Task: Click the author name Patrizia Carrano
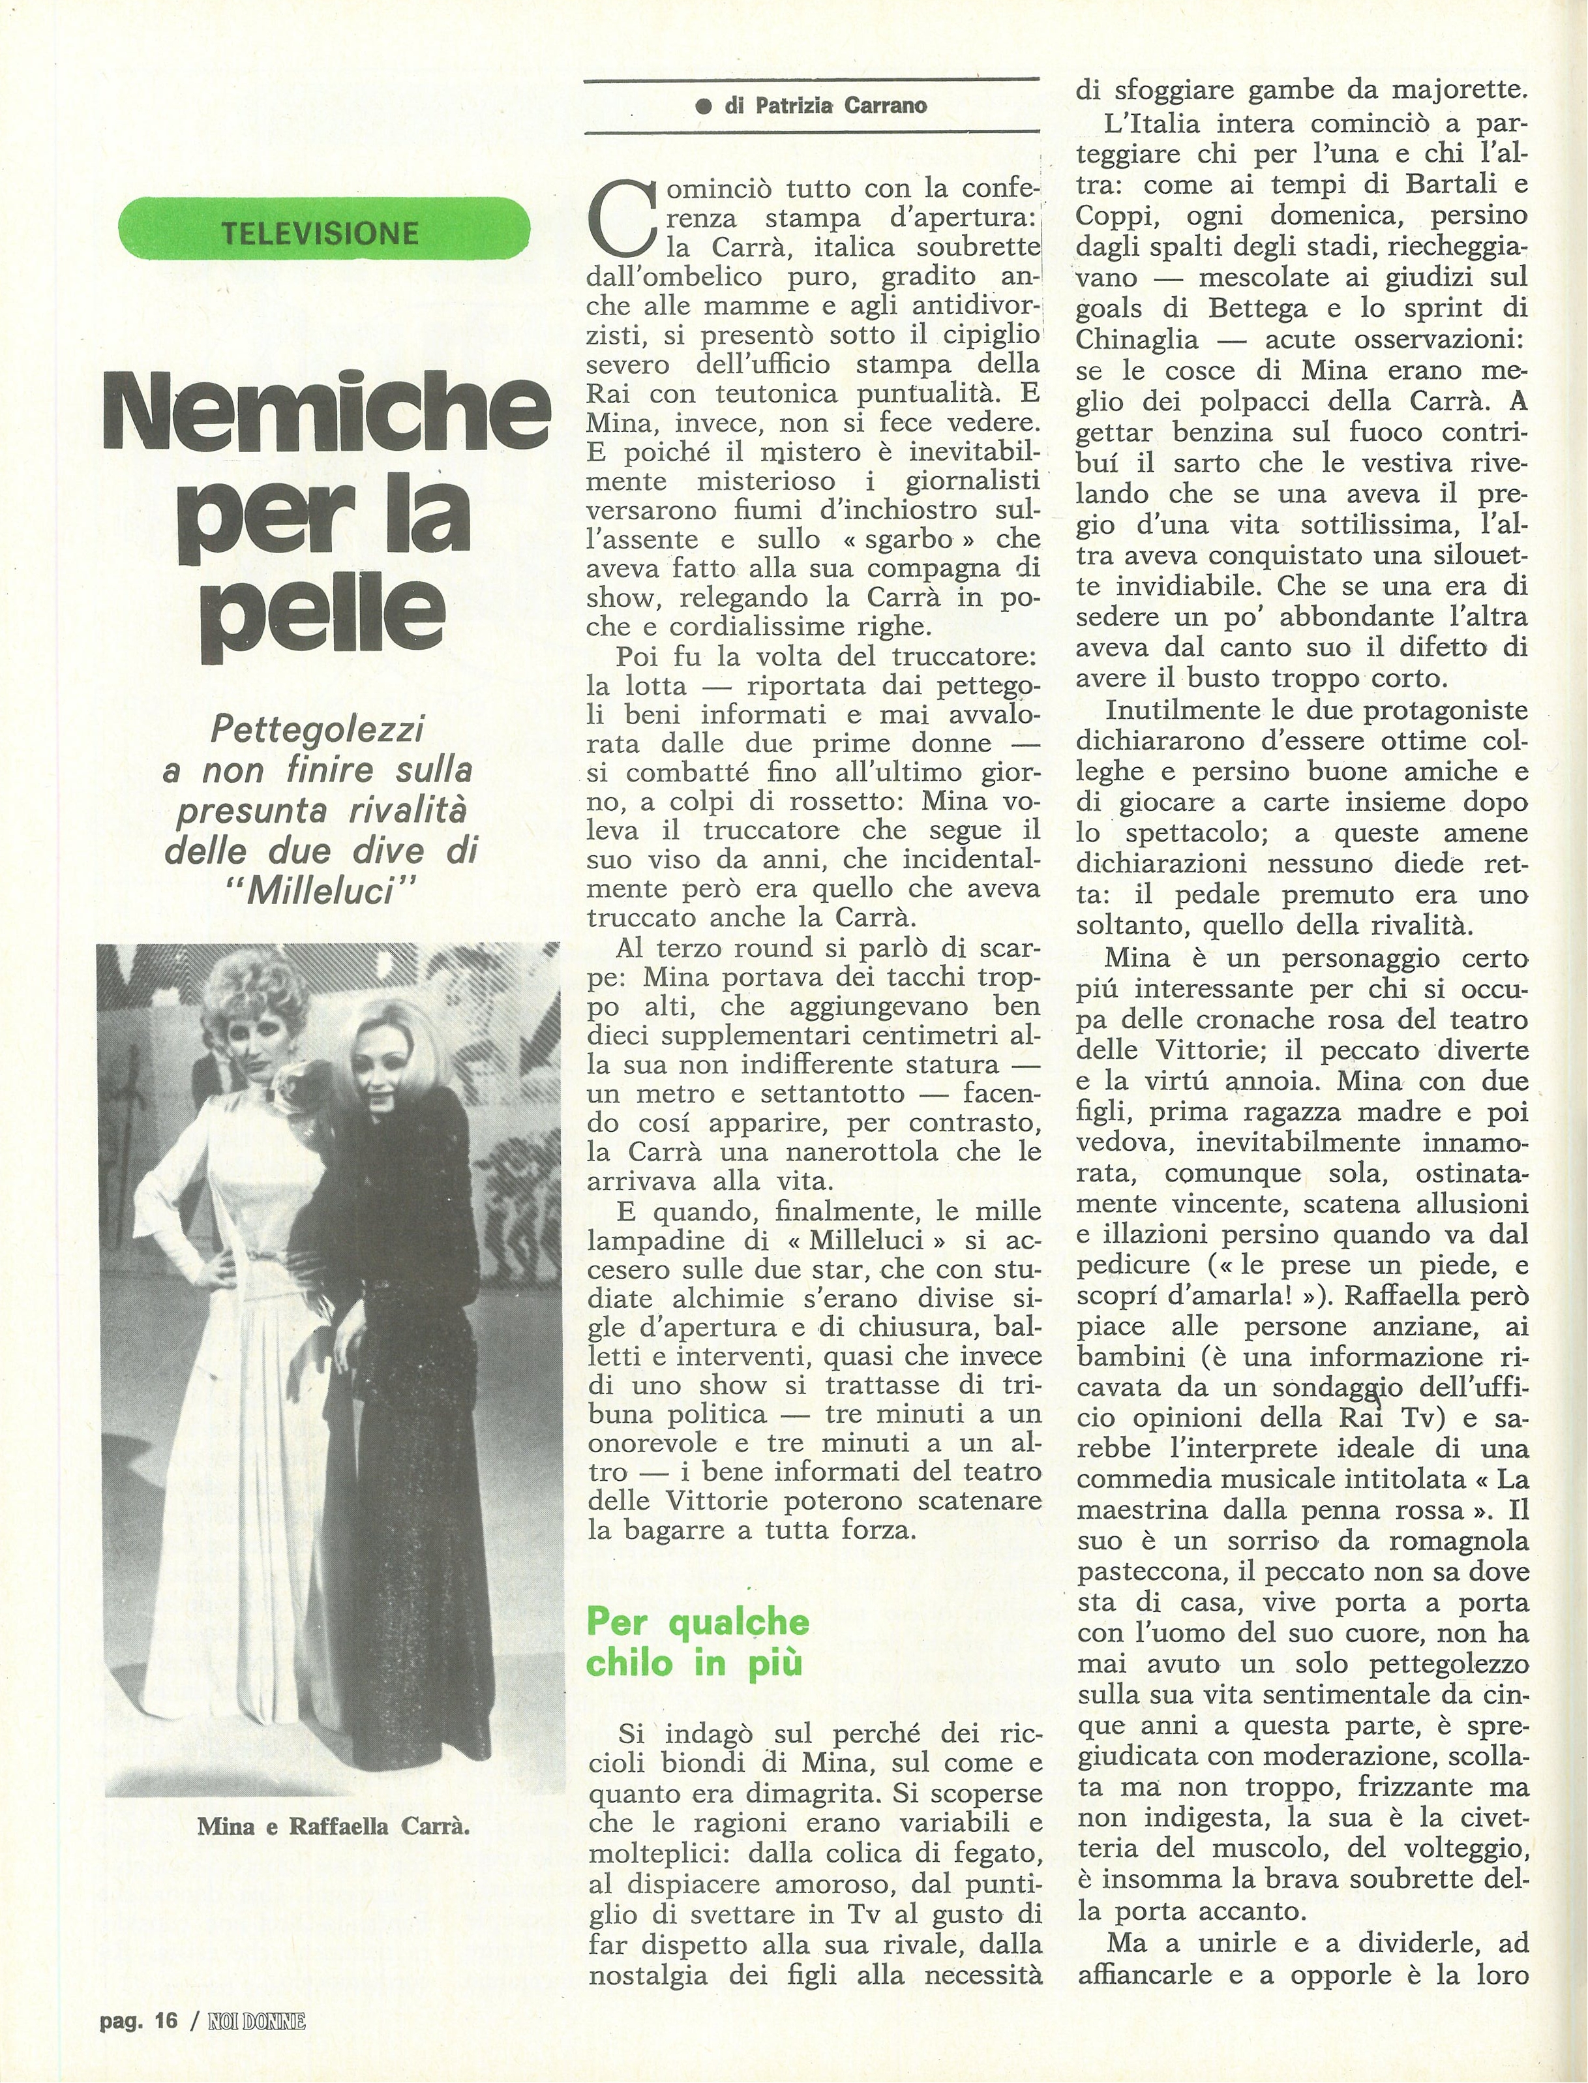pos(826,106)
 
